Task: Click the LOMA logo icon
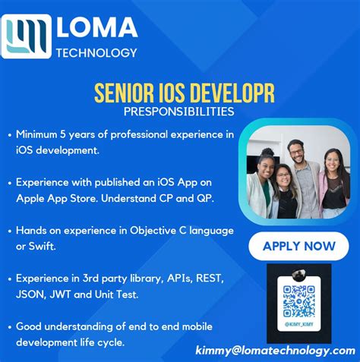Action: (27, 36)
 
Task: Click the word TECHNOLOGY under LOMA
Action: (96, 53)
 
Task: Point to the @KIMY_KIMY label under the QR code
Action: (298, 324)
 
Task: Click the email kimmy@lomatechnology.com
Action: (275, 350)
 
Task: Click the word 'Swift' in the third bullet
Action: (44, 244)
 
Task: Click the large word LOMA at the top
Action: (97, 27)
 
